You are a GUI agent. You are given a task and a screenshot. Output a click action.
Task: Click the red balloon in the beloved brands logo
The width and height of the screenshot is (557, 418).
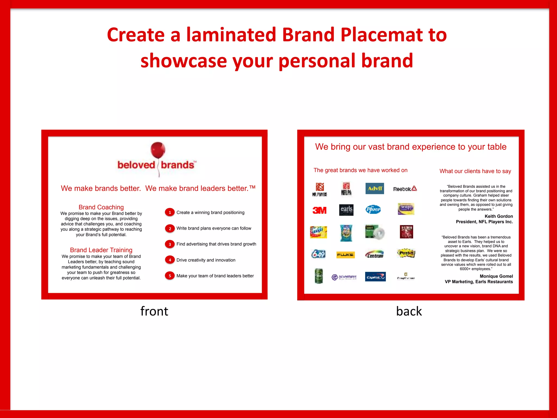(158, 150)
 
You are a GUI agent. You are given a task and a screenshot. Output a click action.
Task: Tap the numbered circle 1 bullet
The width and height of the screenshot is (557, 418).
(170, 212)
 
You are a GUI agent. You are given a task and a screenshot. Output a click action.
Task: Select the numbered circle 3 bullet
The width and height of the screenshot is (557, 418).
(170, 244)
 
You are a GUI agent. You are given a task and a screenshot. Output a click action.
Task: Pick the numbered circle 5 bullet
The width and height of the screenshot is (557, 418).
(170, 276)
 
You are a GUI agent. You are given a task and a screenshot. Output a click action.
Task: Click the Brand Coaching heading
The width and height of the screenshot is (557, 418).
(101, 207)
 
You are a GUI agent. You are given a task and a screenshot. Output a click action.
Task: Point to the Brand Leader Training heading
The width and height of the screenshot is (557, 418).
(101, 250)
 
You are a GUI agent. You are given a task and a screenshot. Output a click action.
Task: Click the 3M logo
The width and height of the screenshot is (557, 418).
(319, 210)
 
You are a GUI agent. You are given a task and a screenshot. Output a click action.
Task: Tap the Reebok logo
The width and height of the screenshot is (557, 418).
(405, 189)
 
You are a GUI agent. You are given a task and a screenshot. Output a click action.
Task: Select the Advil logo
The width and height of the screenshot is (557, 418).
(375, 188)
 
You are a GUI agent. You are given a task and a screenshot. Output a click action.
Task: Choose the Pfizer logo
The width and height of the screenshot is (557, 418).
(373, 209)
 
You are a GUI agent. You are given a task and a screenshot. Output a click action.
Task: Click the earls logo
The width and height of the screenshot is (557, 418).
(346, 210)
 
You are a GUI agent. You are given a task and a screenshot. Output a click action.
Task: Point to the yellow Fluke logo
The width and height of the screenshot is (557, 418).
(345, 255)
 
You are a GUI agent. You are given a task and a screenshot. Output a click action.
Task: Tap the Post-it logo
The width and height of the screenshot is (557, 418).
(406, 253)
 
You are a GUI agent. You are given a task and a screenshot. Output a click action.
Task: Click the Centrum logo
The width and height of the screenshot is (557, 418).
(375, 254)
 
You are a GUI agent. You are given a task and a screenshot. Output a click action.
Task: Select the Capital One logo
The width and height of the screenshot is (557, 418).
(375, 277)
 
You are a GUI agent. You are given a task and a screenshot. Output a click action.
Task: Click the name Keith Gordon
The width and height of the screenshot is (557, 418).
(499, 216)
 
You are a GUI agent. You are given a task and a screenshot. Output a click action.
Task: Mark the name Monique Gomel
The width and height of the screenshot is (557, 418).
(496, 276)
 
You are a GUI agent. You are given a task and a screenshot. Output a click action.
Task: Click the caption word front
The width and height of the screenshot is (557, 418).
(154, 311)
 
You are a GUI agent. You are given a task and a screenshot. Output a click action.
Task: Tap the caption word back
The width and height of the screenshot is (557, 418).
(409, 311)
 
